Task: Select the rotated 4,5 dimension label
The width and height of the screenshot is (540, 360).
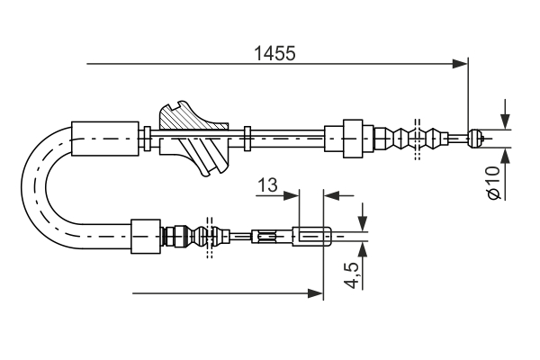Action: point(352,274)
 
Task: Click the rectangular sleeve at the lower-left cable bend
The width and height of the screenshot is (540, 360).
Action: point(145,237)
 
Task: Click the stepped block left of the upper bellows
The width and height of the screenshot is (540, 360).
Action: point(350,138)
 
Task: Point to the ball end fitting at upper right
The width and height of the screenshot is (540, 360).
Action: point(478,138)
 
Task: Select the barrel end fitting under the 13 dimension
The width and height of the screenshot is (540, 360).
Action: point(312,238)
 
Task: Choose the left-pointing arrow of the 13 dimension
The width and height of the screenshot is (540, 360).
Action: point(332,193)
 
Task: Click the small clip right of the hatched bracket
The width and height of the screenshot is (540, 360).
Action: point(247,139)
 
